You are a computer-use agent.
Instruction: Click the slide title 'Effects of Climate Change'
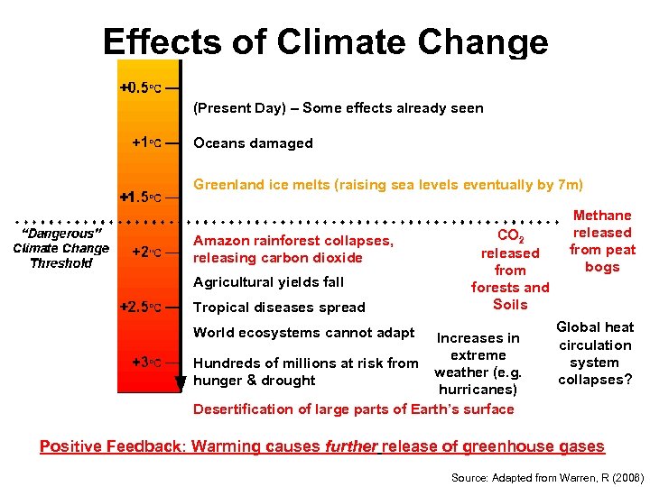(325, 41)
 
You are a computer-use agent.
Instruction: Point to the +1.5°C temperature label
(141, 196)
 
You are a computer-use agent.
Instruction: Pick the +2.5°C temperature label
(141, 307)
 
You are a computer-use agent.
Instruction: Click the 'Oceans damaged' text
(253, 142)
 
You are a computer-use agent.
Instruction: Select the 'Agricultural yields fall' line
(268, 282)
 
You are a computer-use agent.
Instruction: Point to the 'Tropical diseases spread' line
(279, 308)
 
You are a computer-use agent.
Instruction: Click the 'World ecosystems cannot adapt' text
(304, 333)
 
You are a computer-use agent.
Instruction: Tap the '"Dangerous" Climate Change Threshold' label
(60, 248)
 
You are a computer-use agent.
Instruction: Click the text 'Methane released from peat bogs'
(602, 241)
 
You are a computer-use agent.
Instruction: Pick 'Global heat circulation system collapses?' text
(595, 354)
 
